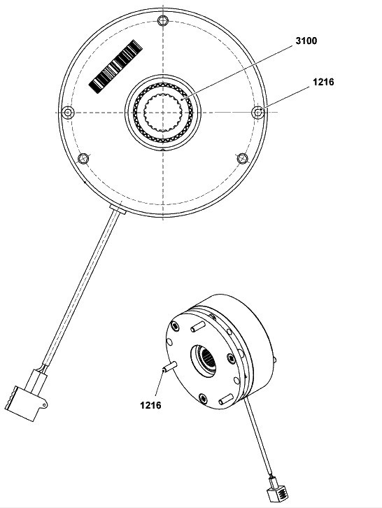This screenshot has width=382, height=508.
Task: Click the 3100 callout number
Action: pyautogui.click(x=306, y=41)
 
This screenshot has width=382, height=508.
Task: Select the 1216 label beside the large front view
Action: pyautogui.click(x=323, y=82)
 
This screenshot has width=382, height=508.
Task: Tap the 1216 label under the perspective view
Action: pyautogui.click(x=150, y=405)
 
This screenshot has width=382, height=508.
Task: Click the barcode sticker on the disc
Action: pyautogui.click(x=115, y=66)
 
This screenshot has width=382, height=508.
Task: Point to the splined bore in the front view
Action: pyautogui.click(x=162, y=113)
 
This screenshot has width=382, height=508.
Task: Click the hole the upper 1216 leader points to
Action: pyautogui.click(x=258, y=113)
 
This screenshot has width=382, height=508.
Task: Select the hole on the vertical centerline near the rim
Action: pyautogui.click(x=163, y=21)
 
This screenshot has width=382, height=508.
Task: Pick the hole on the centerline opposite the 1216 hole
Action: pyautogui.click(x=68, y=113)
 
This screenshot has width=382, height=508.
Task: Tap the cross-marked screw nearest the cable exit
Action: pyautogui.click(x=83, y=159)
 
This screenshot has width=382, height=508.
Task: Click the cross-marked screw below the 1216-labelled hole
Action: pyautogui.click(x=242, y=158)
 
